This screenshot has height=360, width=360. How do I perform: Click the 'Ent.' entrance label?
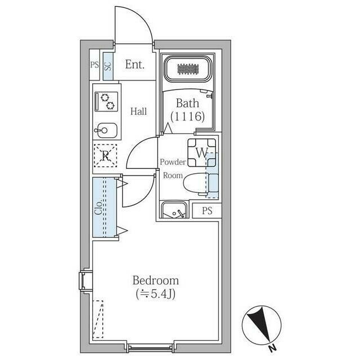(x=135, y=65)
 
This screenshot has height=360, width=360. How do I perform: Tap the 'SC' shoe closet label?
(x=107, y=66)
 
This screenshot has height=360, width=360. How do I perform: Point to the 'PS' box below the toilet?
(x=207, y=211)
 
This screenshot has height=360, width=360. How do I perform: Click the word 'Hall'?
(x=138, y=111)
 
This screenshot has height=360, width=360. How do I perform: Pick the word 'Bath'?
(x=187, y=103)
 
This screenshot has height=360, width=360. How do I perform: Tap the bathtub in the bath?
(x=188, y=69)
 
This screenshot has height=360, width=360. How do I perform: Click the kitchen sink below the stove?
(x=105, y=131)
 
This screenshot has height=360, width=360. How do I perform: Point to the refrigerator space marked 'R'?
(x=105, y=156)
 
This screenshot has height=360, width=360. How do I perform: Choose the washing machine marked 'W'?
(x=201, y=151)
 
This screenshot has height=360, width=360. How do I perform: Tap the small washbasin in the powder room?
(x=174, y=210)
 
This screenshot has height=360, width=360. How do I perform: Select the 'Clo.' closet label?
(x=98, y=208)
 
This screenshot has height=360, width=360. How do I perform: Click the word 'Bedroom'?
(x=156, y=280)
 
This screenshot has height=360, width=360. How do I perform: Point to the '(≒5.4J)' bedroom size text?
(x=156, y=293)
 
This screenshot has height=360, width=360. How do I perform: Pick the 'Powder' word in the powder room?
(x=173, y=162)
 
